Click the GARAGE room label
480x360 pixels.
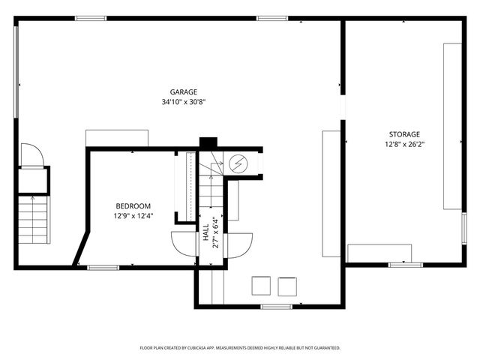point(183,92)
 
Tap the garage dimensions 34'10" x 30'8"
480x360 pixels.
point(183,101)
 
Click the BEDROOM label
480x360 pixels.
point(133,206)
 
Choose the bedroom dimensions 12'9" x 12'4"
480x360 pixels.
point(133,216)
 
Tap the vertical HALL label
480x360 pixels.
point(205,232)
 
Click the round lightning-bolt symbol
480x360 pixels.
point(238,163)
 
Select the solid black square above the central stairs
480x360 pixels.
point(208,142)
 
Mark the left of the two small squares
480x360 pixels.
point(260,286)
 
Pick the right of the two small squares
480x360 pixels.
point(287,286)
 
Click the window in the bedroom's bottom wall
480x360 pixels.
point(103,267)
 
